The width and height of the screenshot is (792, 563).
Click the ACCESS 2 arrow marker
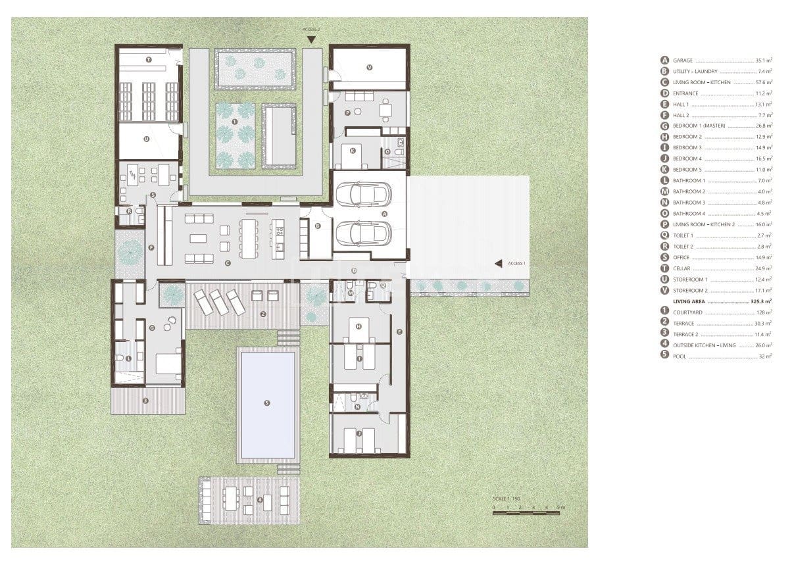click(x=310, y=40)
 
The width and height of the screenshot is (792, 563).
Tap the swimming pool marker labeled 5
click(x=266, y=403)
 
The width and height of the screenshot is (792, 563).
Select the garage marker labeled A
click(x=385, y=214)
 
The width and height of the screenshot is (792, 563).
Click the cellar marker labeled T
click(x=149, y=60)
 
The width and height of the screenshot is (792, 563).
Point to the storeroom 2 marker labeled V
click(x=369, y=66)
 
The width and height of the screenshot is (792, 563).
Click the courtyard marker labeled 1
click(x=235, y=123)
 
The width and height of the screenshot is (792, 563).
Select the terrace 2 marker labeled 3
click(x=146, y=400)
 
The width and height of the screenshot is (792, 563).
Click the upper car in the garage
click(x=363, y=194)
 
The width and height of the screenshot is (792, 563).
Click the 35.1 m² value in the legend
click(x=765, y=60)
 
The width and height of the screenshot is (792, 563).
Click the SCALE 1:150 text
click(x=507, y=500)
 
